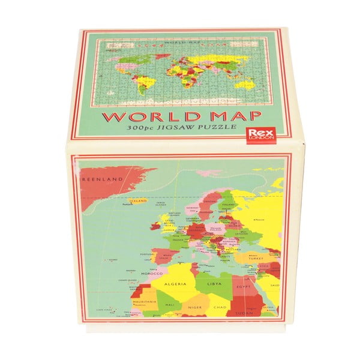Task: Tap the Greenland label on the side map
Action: click(x=102, y=179)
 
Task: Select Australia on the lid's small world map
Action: click(x=243, y=85)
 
